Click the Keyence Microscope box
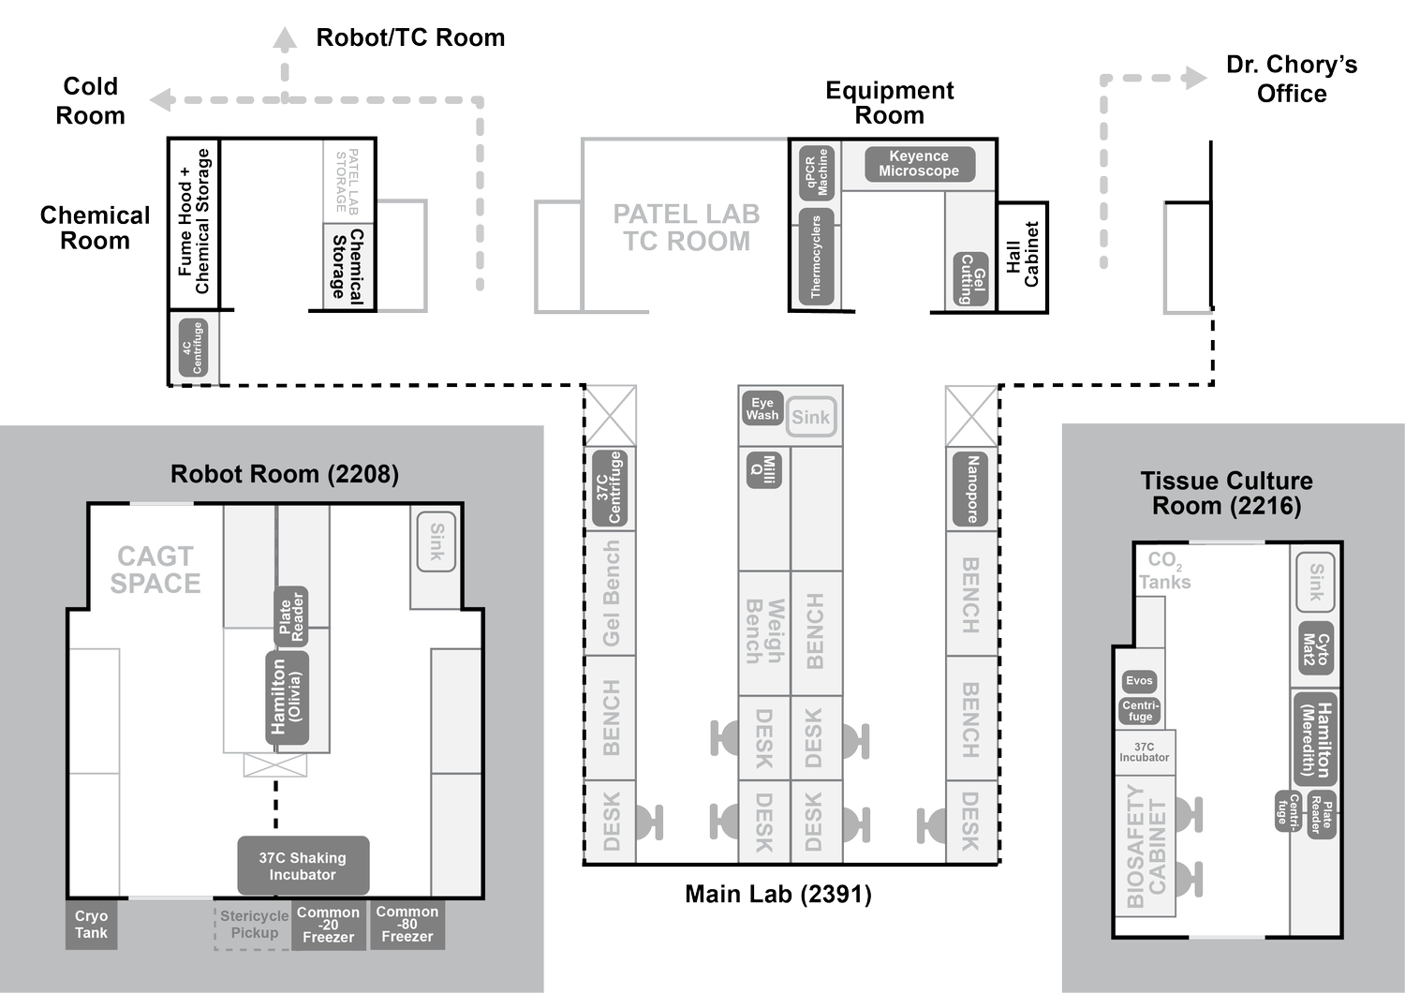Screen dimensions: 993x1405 tap(919, 164)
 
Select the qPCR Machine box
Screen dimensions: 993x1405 tap(816, 172)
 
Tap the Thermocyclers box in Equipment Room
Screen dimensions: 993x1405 tap(816, 255)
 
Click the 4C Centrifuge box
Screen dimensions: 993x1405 tap(192, 348)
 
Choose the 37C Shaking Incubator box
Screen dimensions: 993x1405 tap(303, 866)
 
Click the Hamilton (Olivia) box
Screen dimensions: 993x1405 tap(287, 696)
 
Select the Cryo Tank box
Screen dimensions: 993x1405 tap(92, 925)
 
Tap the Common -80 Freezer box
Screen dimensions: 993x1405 tap(407, 924)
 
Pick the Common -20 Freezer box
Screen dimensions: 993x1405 tap(328, 925)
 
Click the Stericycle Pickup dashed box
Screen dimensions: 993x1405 tap(254, 925)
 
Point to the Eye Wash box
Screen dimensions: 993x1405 tap(762, 408)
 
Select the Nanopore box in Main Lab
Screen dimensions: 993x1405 tap(971, 489)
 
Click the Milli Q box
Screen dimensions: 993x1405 tap(764, 469)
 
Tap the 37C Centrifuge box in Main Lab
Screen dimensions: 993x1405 tap(609, 488)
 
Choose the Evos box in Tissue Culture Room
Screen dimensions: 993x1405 tap(1139, 681)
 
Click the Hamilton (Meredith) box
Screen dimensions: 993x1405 tap(1316, 740)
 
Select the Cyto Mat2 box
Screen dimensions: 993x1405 tap(1315, 649)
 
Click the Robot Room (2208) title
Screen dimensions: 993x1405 tap(285, 474)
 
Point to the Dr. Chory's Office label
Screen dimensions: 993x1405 tap(1291, 79)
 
